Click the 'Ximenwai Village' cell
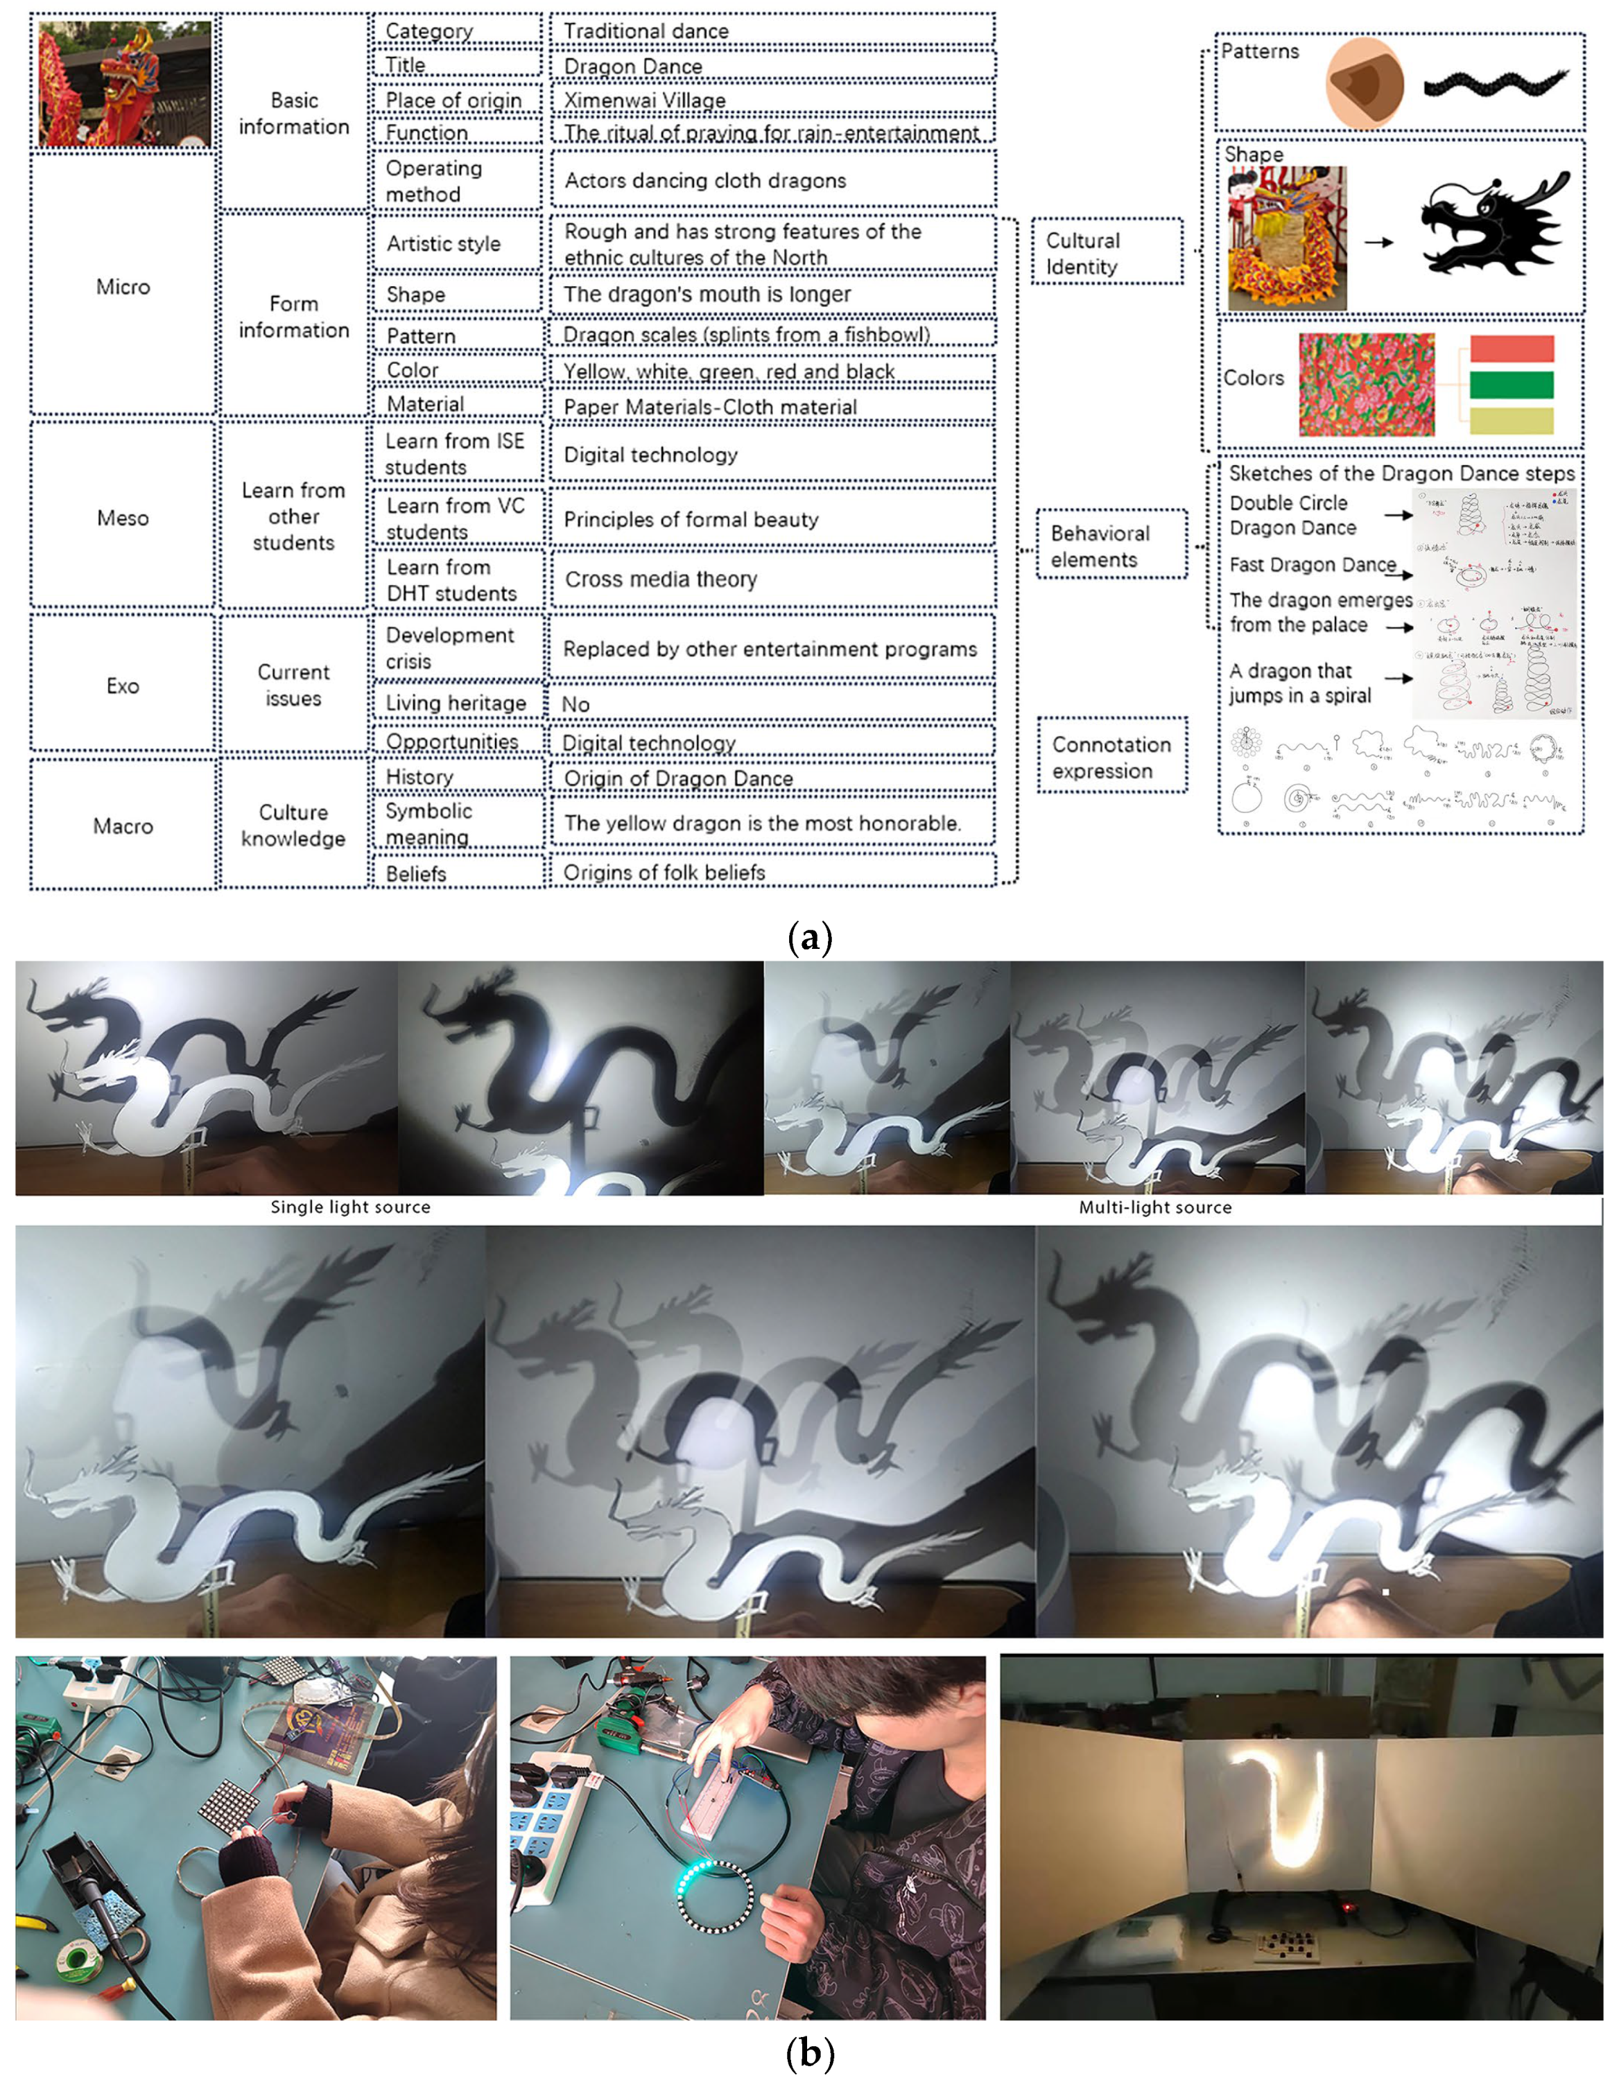coord(770,99)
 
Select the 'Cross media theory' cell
coord(770,578)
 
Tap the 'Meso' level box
coord(122,517)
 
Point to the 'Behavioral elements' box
coord(1111,545)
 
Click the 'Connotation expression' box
coord(1111,757)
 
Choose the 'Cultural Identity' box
coord(1106,253)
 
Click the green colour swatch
coord(1510,384)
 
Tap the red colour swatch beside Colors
coord(1510,349)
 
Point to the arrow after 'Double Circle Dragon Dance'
coord(1399,515)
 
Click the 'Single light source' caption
coord(349,1207)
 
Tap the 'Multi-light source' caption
coord(1154,1207)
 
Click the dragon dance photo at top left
coord(124,84)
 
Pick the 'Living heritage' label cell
coord(456,704)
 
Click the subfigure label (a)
coord(808,937)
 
